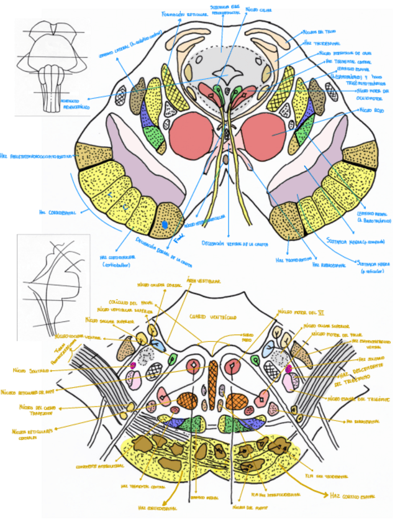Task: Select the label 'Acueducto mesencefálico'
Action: click(x=72, y=103)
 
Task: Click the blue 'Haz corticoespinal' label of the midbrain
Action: click(x=57, y=212)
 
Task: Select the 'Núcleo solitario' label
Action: click(x=27, y=371)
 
